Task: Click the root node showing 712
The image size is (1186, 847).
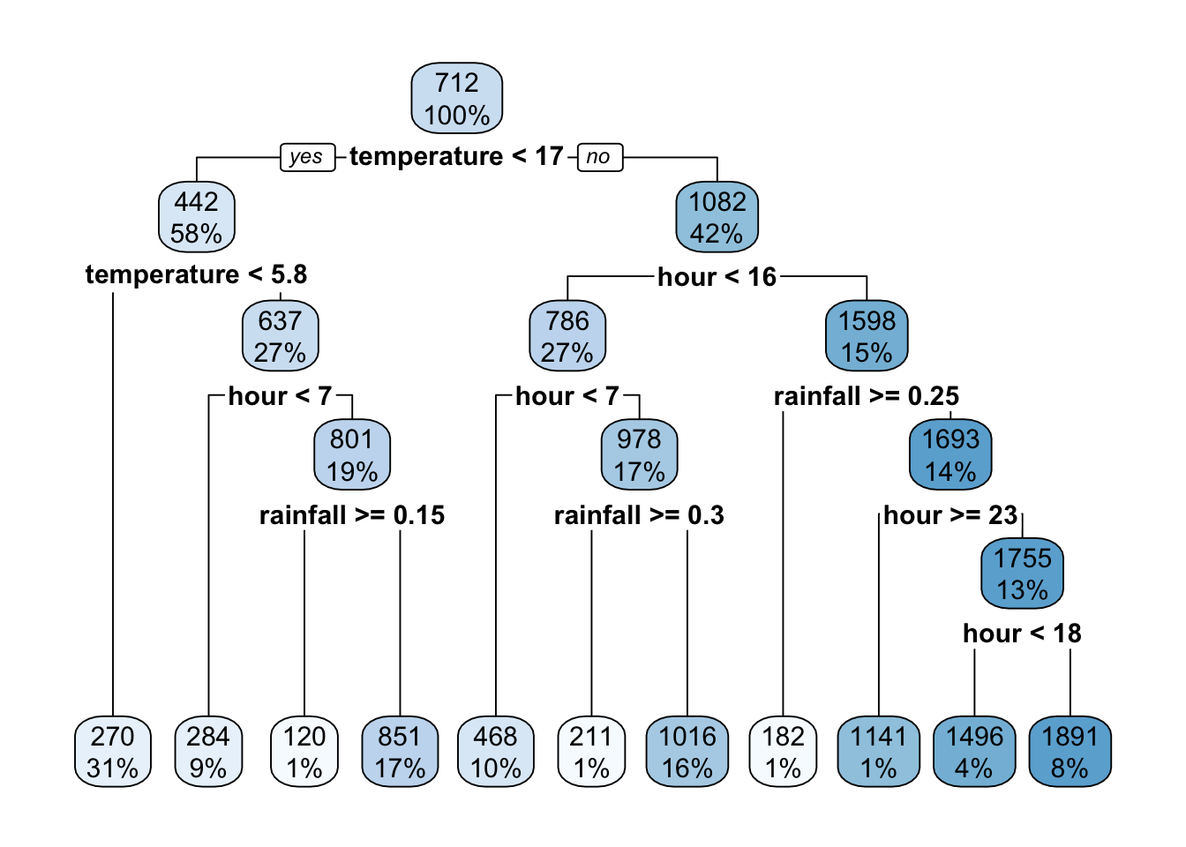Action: (457, 99)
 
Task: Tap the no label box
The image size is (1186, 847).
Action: (599, 157)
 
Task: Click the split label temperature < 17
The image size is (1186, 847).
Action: (456, 156)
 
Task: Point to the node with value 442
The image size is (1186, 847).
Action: (196, 217)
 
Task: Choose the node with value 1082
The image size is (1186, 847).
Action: (717, 217)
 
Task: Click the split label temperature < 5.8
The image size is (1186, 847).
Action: (196, 274)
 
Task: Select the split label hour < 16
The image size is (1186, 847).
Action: (717, 277)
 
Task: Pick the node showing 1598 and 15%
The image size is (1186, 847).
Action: (867, 336)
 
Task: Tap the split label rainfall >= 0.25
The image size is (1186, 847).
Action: (866, 396)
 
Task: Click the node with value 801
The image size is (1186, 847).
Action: (352, 454)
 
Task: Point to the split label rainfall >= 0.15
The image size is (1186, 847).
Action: (352, 515)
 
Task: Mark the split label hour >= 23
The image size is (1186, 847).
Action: (950, 515)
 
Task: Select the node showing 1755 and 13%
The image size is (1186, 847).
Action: (1022, 573)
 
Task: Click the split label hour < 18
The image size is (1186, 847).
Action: (1022, 633)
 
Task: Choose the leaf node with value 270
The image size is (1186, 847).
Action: (113, 752)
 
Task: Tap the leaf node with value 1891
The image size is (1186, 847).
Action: (1070, 752)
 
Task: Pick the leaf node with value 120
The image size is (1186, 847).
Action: (304, 752)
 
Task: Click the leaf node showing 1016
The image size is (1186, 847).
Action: (687, 752)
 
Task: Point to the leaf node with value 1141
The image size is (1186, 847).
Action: (879, 752)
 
